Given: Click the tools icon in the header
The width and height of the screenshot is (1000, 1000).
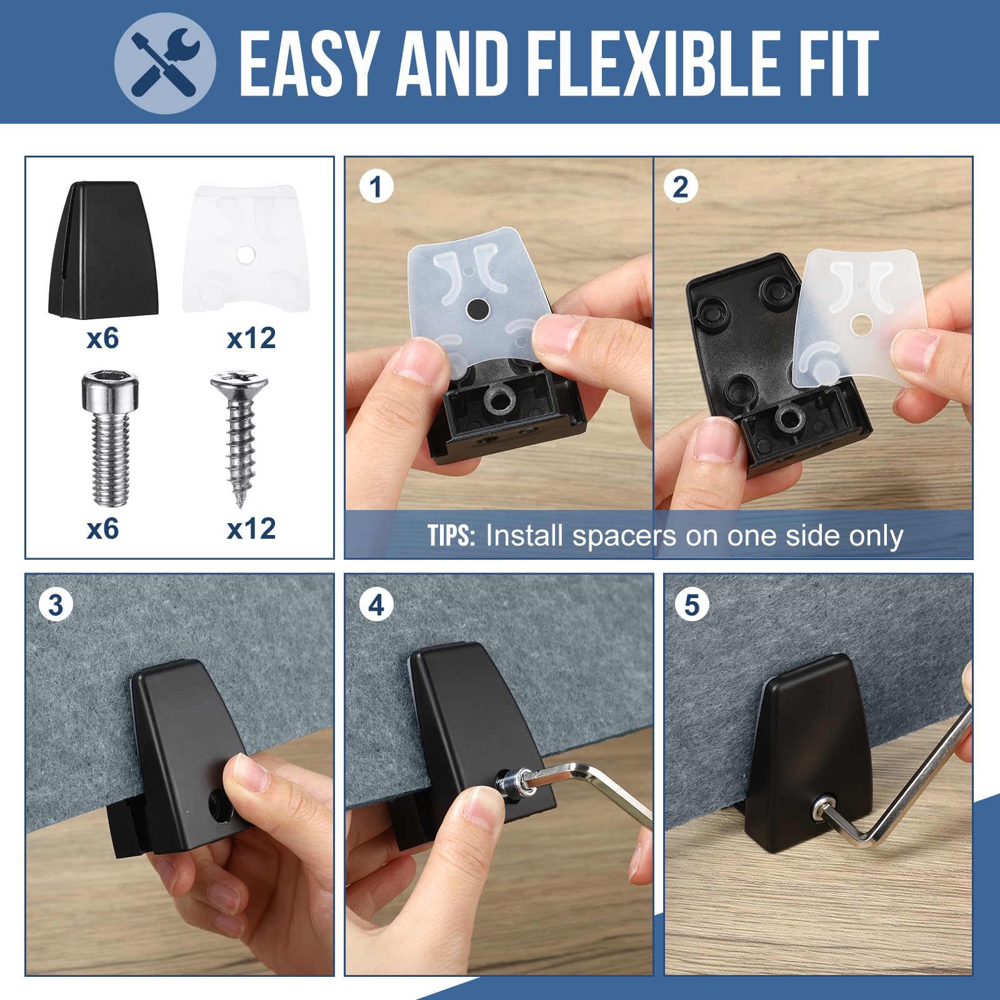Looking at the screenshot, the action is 166,64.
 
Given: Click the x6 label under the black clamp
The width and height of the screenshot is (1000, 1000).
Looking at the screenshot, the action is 102,339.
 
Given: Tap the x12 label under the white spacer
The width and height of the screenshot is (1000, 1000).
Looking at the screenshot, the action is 251,339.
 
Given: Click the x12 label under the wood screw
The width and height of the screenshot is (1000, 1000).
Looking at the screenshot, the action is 251,529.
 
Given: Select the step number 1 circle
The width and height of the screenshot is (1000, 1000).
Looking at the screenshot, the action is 376,186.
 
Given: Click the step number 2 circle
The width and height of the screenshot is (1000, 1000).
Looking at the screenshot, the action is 680,186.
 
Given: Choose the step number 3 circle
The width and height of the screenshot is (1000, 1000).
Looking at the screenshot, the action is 56,604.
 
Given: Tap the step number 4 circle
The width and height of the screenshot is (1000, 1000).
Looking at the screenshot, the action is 376,604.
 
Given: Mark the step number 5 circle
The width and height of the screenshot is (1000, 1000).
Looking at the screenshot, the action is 692,604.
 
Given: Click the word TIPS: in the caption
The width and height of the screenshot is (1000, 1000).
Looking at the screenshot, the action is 452,536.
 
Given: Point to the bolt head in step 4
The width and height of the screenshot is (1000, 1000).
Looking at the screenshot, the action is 511,784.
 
